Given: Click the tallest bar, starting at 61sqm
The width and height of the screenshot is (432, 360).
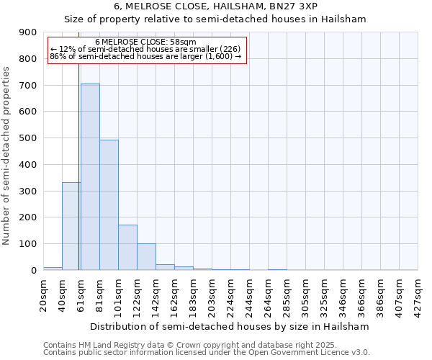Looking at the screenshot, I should (x=90, y=176).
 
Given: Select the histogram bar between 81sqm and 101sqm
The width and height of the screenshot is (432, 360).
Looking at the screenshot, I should (x=109, y=205).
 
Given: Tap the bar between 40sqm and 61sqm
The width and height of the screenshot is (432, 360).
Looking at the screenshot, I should (x=71, y=226).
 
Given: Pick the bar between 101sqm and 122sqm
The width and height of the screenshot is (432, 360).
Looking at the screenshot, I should (x=127, y=248).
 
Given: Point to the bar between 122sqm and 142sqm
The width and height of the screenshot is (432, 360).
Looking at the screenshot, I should (x=146, y=257).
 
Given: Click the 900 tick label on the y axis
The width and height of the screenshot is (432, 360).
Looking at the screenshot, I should (x=28, y=32).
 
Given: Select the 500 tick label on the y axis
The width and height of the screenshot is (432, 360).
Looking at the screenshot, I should (x=28, y=138).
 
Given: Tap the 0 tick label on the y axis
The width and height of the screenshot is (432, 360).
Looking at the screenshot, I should (x=33, y=271).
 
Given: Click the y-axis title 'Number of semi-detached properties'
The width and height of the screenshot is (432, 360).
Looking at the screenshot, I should (x=7, y=156).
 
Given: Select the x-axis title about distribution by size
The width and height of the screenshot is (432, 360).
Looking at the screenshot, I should (x=230, y=326).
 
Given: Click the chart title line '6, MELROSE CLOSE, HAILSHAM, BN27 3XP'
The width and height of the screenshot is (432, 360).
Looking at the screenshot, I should (x=215, y=6).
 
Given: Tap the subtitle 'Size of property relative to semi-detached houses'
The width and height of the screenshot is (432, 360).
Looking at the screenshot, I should (x=215, y=19).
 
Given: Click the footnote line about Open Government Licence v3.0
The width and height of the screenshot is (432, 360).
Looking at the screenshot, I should (x=207, y=353).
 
